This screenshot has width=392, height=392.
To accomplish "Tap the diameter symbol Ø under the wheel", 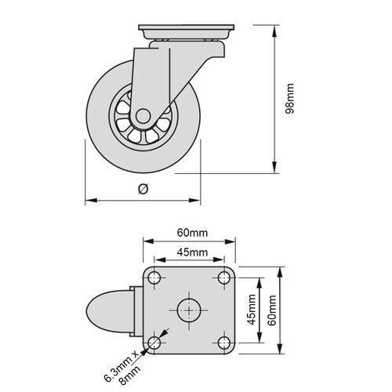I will click(x=142, y=188).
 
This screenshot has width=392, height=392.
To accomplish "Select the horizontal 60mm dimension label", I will click(x=191, y=233).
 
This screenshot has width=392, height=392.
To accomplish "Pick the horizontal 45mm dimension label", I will click(x=191, y=252).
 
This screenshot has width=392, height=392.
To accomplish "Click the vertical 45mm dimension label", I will click(x=252, y=310).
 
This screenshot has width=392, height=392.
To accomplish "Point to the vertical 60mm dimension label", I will click(x=271, y=310).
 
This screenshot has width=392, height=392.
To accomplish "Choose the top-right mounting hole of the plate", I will click(x=225, y=278).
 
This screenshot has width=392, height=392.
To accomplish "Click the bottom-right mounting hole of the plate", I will click(x=225, y=343).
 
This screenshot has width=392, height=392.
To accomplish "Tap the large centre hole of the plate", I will click(x=190, y=310).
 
